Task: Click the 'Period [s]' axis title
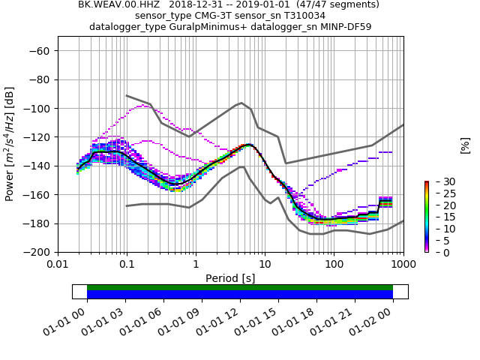(x=230, y=278)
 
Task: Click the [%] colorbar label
(x=465, y=145)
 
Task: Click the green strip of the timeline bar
(x=240, y=287)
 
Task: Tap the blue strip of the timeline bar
(x=240, y=295)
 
